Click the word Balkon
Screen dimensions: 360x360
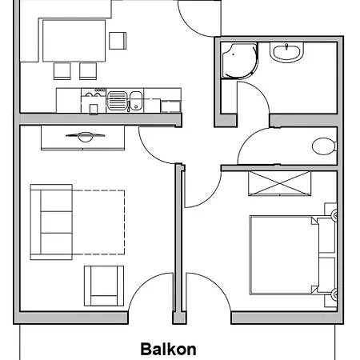tap(168, 349)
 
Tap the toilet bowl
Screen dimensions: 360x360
tap(324, 146)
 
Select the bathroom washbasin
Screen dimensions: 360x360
tap(286, 52)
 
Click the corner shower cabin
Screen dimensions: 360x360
tap(239, 61)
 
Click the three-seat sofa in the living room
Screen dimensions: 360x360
tap(51, 222)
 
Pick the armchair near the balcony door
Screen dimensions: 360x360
tap(104, 286)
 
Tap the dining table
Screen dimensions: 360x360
tap(74, 41)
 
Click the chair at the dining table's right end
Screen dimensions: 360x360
tap(118, 41)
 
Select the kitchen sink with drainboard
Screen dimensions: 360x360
tap(125, 101)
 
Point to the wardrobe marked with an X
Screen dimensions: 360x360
tap(279, 183)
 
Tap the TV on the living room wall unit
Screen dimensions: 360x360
tap(86, 136)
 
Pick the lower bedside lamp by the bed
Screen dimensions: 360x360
tap(334, 294)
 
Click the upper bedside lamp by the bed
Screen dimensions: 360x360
tap(334, 215)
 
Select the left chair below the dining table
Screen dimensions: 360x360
tap(62, 71)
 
